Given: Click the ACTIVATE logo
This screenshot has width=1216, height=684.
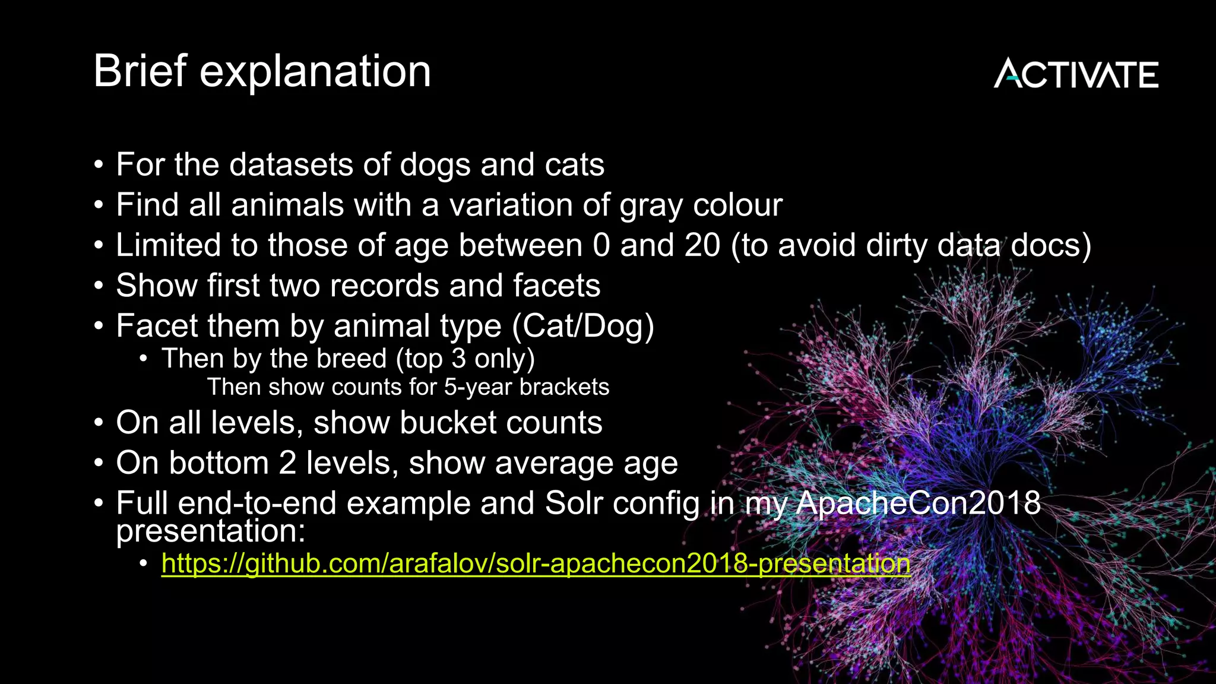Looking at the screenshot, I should pyautogui.click(x=1075, y=74).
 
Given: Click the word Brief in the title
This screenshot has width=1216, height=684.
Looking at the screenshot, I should pyautogui.click(x=140, y=71).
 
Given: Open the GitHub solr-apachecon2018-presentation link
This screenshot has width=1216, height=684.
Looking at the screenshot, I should pyautogui.click(x=536, y=563).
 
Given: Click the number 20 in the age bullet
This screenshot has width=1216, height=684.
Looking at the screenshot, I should pyautogui.click(x=702, y=245).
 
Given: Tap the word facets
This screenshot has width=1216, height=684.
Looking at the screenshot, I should pyautogui.click(x=556, y=286).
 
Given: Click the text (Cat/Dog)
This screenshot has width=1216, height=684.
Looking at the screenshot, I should pyautogui.click(x=582, y=326).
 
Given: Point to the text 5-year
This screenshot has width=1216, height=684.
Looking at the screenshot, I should pyautogui.click(x=477, y=388).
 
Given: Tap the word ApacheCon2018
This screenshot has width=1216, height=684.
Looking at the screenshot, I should pyautogui.click(x=918, y=503).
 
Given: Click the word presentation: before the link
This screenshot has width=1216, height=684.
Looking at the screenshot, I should pyautogui.click(x=210, y=531).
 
